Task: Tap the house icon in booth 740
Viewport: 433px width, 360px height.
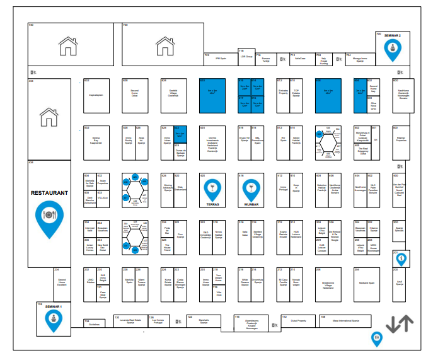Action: click(67, 45)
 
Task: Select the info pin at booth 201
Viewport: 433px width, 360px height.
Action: click(401, 258)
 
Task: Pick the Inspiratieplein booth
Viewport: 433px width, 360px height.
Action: click(96, 95)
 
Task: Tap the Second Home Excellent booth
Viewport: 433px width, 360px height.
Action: click(62, 281)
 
